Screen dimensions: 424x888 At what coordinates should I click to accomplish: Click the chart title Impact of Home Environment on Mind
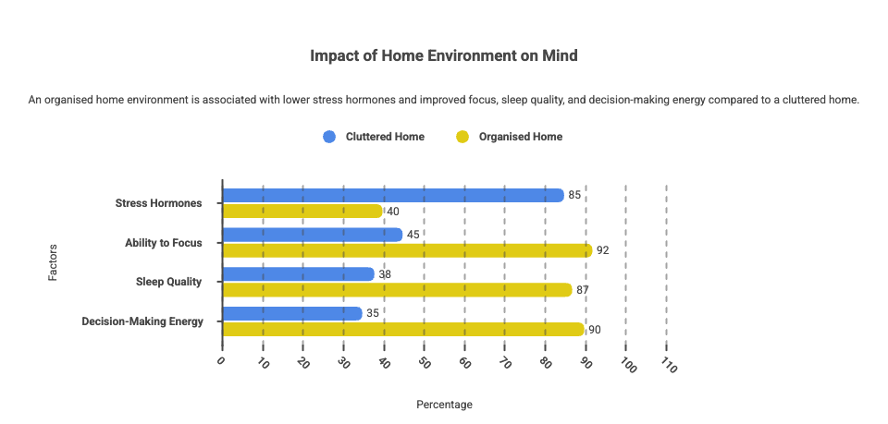(444, 56)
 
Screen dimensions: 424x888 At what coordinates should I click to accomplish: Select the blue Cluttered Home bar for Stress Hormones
(393, 195)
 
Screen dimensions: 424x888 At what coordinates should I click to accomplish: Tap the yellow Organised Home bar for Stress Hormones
(302, 212)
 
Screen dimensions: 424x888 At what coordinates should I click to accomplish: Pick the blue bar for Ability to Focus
(313, 235)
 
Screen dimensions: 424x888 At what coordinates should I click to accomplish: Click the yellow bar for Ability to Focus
(407, 250)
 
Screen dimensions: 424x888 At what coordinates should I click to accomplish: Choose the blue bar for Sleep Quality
(299, 274)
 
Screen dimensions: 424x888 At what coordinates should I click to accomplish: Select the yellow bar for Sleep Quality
(398, 290)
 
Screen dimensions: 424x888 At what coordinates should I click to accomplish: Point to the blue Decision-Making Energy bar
(292, 313)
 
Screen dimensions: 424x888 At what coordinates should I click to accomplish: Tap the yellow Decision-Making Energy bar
(403, 330)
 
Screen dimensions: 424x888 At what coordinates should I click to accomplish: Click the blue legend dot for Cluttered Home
(329, 137)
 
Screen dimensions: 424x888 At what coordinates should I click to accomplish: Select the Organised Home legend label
(520, 137)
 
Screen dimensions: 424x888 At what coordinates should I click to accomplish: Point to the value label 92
(603, 250)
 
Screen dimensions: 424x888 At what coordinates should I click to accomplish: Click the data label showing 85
(575, 195)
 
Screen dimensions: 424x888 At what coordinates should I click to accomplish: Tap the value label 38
(386, 274)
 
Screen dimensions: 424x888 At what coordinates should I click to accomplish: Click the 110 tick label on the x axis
(668, 366)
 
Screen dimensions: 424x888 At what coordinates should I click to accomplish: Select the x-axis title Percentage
(444, 405)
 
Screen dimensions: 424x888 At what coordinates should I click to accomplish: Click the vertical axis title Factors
(53, 261)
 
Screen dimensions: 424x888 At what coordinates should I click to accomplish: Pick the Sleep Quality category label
(168, 282)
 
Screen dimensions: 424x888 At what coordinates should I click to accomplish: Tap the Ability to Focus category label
(164, 243)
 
